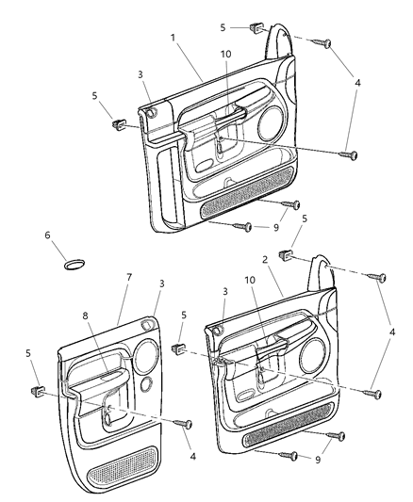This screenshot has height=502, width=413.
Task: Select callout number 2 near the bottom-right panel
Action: [x=266, y=257]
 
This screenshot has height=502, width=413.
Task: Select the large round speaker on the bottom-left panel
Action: [x=146, y=355]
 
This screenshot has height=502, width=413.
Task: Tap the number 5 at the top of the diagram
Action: [x=223, y=27]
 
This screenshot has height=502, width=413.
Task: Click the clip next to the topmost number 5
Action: [x=256, y=29]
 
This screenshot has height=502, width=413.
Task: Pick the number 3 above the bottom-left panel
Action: [x=161, y=283]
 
